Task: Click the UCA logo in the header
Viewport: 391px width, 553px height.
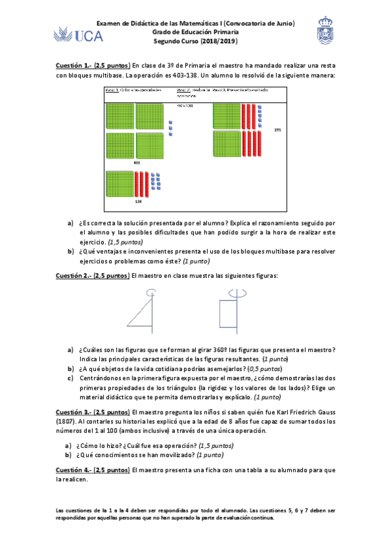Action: point(79,35)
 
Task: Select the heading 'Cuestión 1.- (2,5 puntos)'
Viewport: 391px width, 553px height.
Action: point(92,66)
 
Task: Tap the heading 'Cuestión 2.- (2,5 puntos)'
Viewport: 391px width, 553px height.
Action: point(92,276)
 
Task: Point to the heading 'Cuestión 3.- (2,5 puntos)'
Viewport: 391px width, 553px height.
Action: point(92,412)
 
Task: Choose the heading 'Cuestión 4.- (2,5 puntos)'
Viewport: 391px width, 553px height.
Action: point(92,470)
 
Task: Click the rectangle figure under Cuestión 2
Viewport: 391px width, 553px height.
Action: point(228,313)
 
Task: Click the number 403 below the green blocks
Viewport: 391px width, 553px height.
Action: point(137,162)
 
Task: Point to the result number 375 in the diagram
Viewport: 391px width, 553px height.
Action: point(277,130)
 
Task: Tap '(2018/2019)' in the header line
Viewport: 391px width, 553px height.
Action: point(218,41)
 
